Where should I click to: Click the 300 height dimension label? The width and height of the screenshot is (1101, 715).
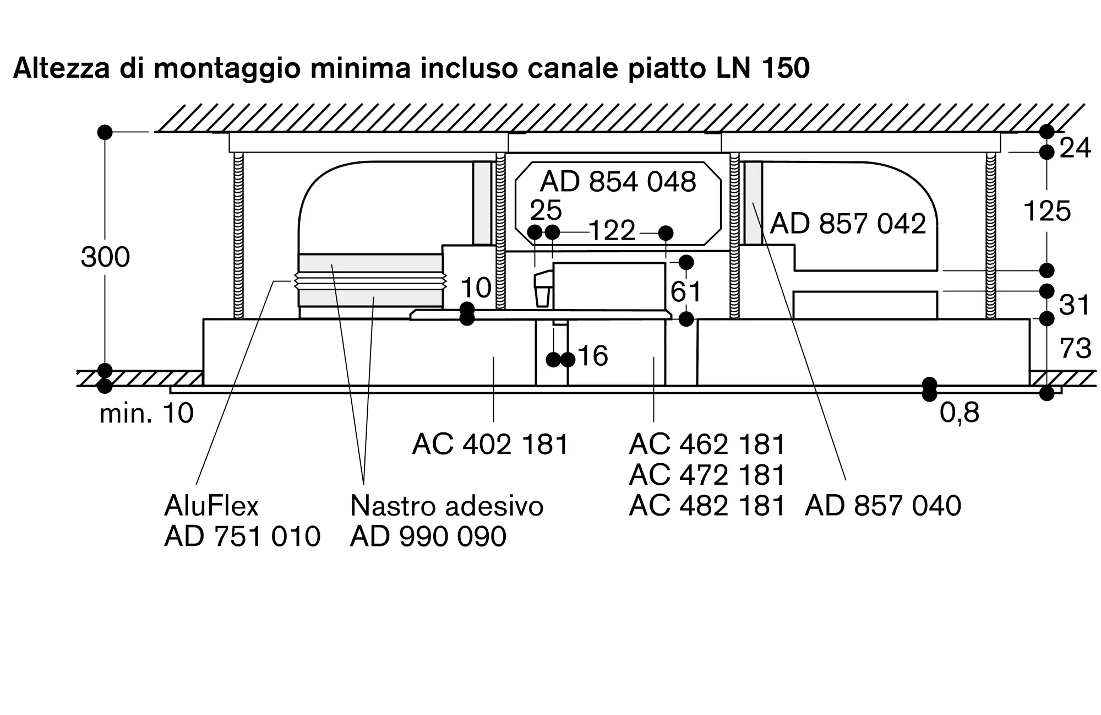click(105, 257)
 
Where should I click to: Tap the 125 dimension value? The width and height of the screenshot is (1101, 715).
click(1047, 211)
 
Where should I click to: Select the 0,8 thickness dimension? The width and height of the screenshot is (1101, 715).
click(960, 413)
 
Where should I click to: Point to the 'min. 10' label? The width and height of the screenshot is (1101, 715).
click(146, 413)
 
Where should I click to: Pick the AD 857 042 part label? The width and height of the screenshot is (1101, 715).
click(848, 224)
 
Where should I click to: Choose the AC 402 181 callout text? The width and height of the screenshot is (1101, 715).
click(490, 443)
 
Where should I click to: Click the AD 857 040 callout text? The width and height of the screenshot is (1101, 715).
click(883, 505)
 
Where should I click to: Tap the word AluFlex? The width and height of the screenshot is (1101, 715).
click(211, 505)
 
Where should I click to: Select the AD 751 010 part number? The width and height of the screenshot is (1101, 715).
click(242, 536)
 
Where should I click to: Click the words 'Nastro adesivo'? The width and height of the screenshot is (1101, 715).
click(446, 505)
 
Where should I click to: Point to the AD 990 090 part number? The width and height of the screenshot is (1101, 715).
click(428, 536)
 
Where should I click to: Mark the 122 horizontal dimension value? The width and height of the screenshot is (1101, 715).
click(612, 230)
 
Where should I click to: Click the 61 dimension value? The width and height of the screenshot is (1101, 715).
click(686, 291)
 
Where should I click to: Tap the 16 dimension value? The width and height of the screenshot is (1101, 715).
click(593, 356)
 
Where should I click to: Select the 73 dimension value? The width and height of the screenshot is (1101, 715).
click(1076, 349)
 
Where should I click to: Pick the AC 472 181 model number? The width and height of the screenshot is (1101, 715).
click(707, 474)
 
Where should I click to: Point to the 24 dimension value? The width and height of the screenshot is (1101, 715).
click(1075, 148)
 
